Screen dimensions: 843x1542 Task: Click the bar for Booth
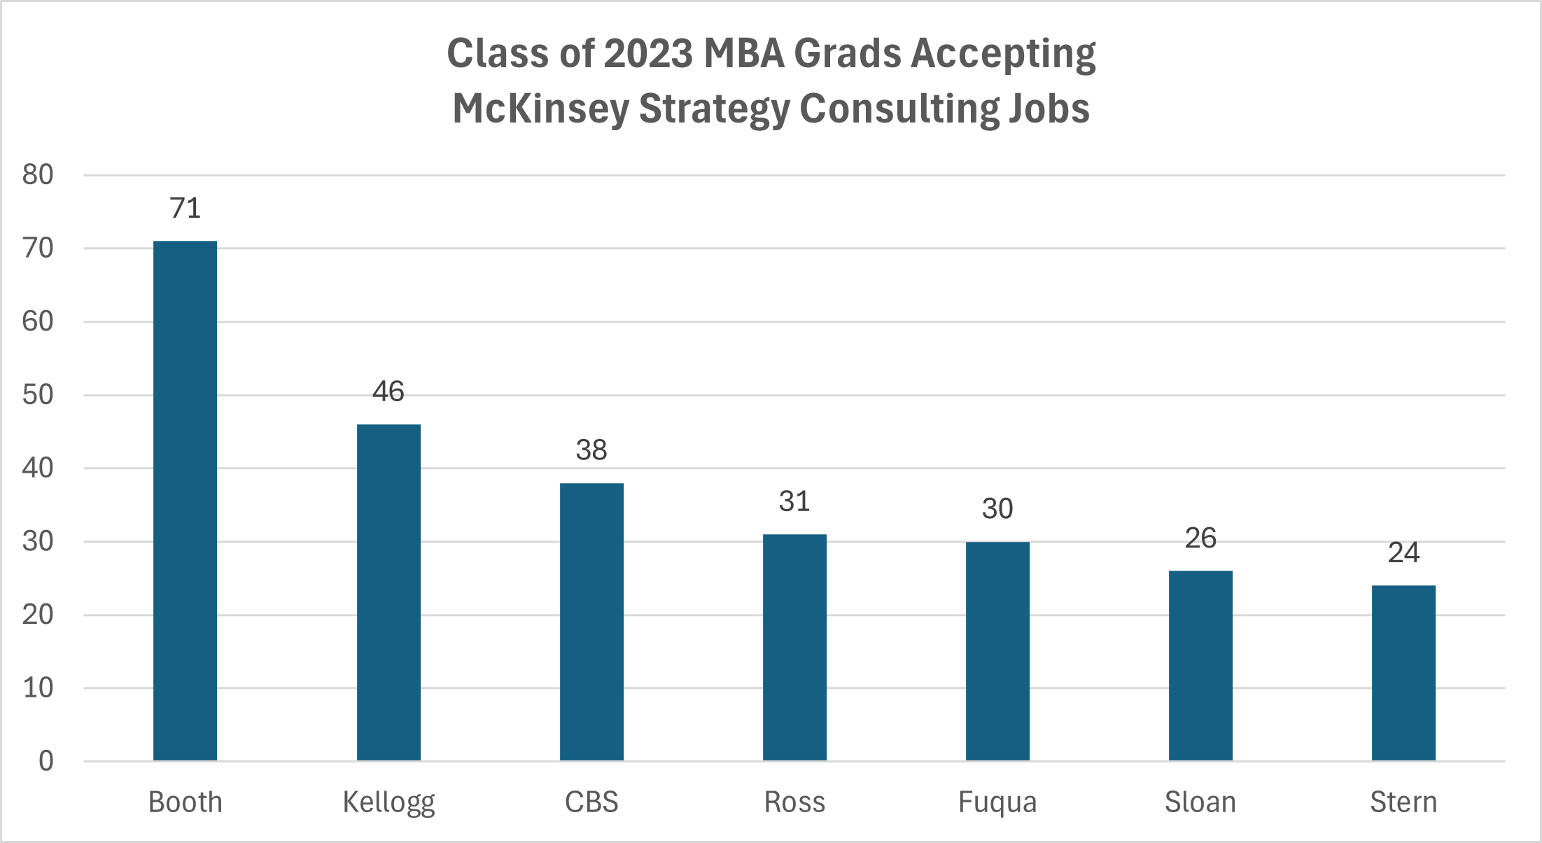(x=185, y=501)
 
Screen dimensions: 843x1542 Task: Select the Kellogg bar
(x=388, y=592)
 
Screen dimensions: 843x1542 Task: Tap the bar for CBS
(x=591, y=622)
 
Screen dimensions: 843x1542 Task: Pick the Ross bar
(x=794, y=648)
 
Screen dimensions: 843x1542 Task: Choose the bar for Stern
(x=1403, y=673)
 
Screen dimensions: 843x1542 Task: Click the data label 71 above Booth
(x=185, y=208)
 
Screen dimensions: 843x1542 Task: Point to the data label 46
(x=388, y=391)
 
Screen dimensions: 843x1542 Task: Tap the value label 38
(x=591, y=450)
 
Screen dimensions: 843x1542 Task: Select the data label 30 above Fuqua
(x=997, y=509)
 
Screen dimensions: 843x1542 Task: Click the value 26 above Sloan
(x=1200, y=538)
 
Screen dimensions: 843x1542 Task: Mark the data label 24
(x=1403, y=553)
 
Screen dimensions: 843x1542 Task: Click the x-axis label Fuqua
(x=997, y=802)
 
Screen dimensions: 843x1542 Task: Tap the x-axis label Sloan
(x=1200, y=802)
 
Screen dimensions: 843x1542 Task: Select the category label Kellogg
(x=388, y=802)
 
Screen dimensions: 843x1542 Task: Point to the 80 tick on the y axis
(x=38, y=175)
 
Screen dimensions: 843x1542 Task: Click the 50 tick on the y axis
(x=38, y=395)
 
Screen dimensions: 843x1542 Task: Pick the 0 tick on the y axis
(x=46, y=761)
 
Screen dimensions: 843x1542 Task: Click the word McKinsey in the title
(x=540, y=109)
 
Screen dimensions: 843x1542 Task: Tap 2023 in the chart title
(x=648, y=53)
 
